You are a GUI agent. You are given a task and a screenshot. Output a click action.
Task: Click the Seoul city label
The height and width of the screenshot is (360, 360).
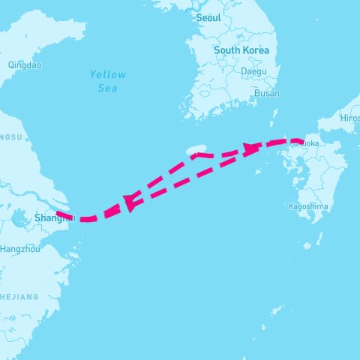pyautogui.click(x=208, y=16)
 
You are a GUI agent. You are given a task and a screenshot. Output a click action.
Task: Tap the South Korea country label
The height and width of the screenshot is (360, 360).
pyautogui.click(x=241, y=50)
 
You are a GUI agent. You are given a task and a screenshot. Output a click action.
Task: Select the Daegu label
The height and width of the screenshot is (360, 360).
pyautogui.click(x=253, y=72)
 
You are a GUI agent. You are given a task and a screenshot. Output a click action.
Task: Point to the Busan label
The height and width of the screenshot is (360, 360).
pyautogui.click(x=267, y=94)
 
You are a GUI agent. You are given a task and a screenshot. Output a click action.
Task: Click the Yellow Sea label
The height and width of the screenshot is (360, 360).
pyautogui.click(x=108, y=81)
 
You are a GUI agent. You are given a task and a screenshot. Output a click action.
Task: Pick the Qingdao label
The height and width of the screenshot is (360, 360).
pyautogui.click(x=24, y=65)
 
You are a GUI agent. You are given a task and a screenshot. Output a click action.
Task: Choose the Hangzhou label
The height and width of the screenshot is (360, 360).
pyautogui.click(x=21, y=248)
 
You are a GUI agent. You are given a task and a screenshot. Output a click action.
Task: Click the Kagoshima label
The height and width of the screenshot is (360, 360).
pyautogui.click(x=308, y=205)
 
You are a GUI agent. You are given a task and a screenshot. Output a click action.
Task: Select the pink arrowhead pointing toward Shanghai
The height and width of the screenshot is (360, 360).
pyautogui.click(x=130, y=201)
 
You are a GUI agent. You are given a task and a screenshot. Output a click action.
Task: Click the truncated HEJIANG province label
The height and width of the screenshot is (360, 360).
pyautogui.click(x=19, y=297)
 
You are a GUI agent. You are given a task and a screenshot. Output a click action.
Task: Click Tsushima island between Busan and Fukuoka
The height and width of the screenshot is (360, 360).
pyautogui.click(x=275, y=116)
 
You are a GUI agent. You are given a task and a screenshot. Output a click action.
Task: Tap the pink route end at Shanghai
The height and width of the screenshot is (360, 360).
pyautogui.click(x=60, y=214)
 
